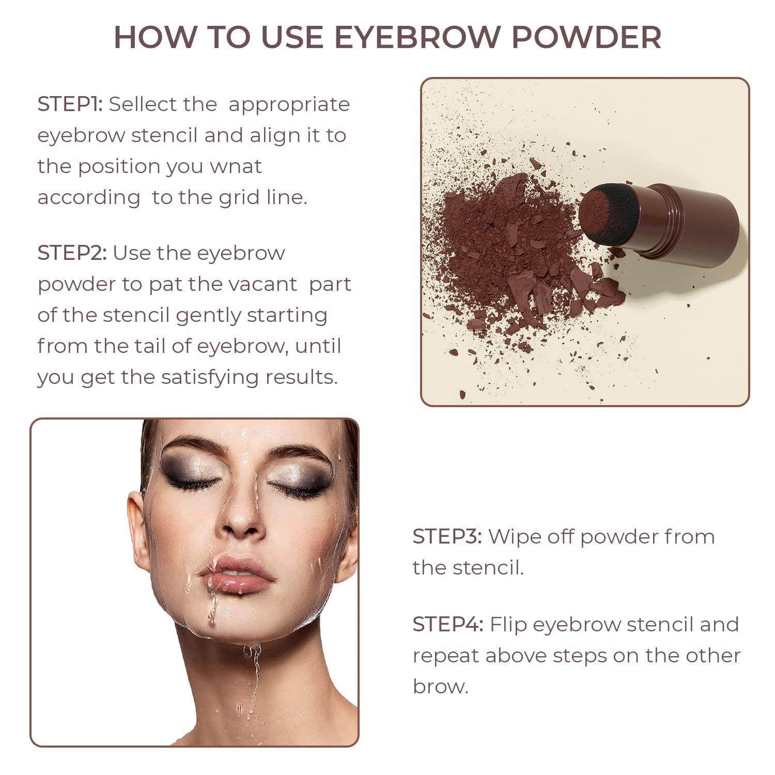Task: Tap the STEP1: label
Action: pyautogui.click(x=70, y=104)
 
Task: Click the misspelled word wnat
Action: pyautogui.click(x=236, y=166)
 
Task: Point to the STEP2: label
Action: pyautogui.click(x=72, y=253)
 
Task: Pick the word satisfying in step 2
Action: pyautogui.click(x=210, y=377)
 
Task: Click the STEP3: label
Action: pyautogui.click(x=447, y=537)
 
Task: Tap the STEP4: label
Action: pyautogui.click(x=448, y=625)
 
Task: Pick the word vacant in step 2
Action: pyautogui.click(x=266, y=284)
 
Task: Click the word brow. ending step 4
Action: pyautogui.click(x=440, y=687)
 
